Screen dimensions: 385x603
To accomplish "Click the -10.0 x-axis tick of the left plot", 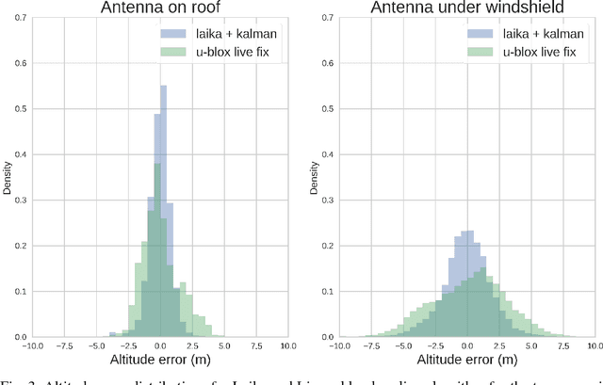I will coord(33,346).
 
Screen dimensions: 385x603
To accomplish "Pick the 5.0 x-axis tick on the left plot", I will coord(225,346).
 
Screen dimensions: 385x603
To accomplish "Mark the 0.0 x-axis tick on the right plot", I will coord(467,346).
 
